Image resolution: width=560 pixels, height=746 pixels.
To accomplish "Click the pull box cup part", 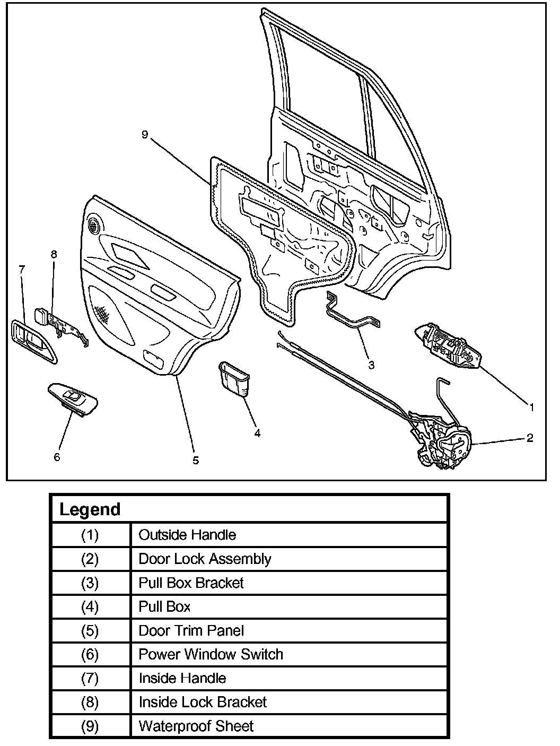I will [234, 378].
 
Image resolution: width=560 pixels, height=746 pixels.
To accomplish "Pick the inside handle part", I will [33, 341].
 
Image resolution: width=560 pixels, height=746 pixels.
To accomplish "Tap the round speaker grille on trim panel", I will [95, 225].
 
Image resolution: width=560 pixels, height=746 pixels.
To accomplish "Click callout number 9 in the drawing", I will [144, 135].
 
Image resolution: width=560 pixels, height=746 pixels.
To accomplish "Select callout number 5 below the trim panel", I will [196, 460].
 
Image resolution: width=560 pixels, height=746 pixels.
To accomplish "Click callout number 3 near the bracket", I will [371, 365].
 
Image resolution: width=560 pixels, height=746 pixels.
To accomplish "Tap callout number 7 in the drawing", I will [21, 270].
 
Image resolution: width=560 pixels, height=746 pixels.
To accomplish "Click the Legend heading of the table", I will [90, 509].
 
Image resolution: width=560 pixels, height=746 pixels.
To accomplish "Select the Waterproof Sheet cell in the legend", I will [196, 725].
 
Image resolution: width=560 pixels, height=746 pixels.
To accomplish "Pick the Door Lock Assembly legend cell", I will [205, 559].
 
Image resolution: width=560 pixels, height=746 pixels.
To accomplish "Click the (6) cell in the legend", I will [90, 654].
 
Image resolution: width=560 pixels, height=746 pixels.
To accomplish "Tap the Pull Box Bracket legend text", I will [191, 583].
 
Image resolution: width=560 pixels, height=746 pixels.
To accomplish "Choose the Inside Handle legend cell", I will [182, 678].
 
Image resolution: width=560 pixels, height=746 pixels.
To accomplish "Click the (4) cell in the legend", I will [90, 606].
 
